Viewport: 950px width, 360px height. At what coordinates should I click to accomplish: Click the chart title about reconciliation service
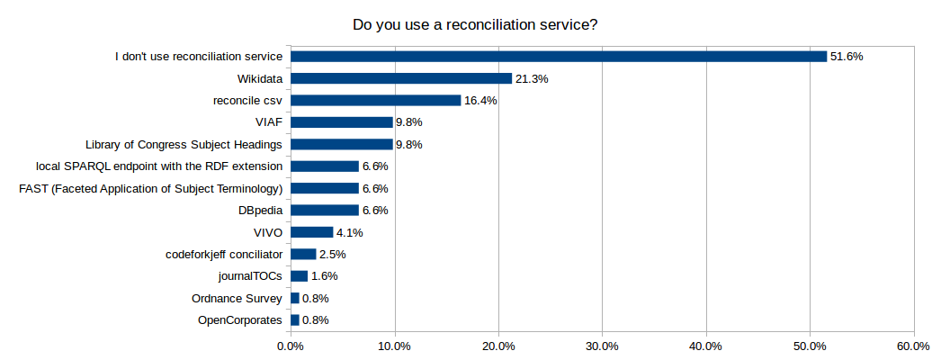475,24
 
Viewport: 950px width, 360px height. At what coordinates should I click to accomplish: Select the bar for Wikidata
401,78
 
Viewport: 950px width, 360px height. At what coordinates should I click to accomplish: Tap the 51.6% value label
847,57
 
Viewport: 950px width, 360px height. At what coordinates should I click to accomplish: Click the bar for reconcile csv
376,101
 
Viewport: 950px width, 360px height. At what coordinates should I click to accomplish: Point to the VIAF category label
269,122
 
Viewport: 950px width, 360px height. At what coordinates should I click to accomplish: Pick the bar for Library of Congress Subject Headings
342,144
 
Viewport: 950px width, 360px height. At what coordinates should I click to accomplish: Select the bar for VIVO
312,232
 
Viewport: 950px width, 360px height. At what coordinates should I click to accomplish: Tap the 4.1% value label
351,232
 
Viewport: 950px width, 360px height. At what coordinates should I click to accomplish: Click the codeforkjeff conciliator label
225,255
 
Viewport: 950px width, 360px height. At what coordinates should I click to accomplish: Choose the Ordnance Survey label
237,299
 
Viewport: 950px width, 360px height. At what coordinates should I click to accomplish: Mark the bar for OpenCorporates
295,320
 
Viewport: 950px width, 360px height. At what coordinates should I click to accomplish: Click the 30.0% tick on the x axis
602,346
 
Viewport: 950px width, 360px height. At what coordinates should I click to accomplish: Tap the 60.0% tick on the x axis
914,346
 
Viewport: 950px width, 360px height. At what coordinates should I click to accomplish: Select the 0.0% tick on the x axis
291,346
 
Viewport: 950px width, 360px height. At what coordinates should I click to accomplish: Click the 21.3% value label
532,79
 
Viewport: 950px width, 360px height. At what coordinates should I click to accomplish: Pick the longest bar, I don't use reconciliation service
559,57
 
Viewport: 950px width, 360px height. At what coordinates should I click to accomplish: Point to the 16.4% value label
480,101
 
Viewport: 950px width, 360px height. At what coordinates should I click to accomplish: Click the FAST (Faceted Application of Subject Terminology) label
151,189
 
